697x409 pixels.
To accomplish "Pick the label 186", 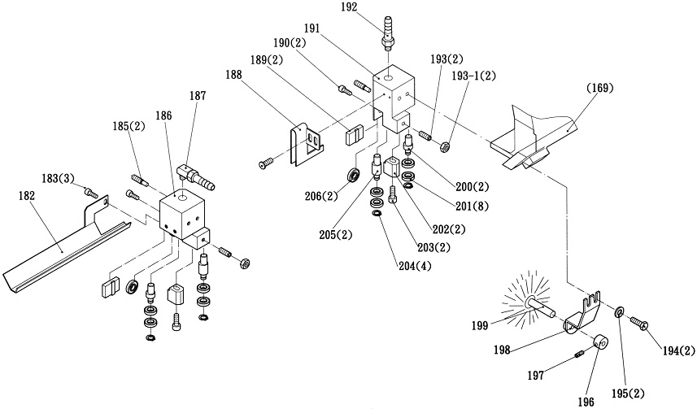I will point(163,117).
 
